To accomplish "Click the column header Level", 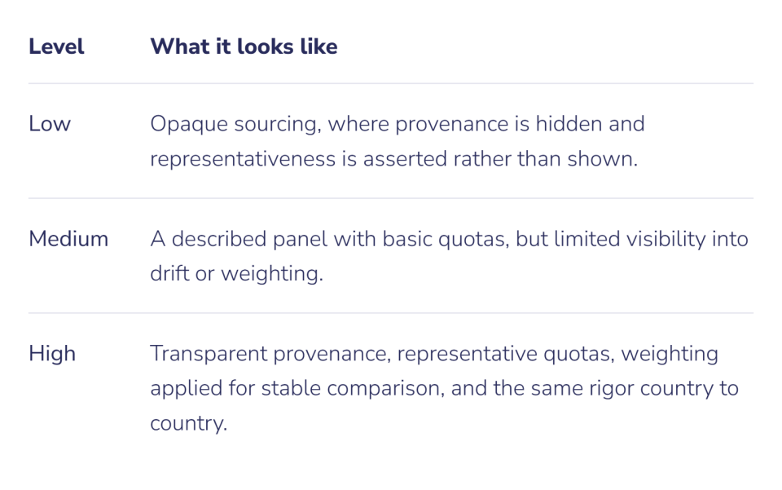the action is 56,46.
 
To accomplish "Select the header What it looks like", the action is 244,46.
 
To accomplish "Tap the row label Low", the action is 50,124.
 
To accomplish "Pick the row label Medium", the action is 68,239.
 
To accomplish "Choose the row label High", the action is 52,354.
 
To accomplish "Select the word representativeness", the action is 243,159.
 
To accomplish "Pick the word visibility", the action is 666,239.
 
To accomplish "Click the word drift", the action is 169,273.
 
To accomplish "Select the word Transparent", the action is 209,354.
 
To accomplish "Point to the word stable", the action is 291,388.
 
